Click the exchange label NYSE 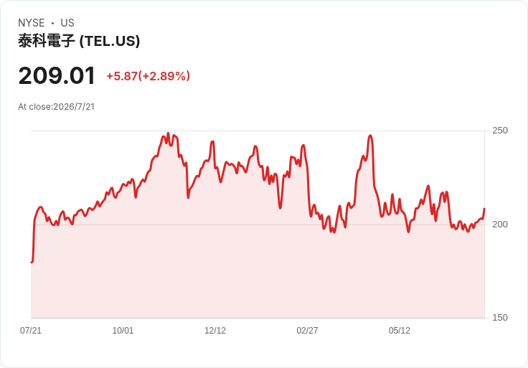pyautogui.click(x=32, y=23)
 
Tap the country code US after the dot pyautogui.click(x=67, y=23)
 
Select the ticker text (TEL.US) pyautogui.click(x=110, y=41)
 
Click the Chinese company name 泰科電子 pyautogui.click(x=47, y=41)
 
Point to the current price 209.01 pyautogui.click(x=57, y=76)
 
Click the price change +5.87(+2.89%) pyautogui.click(x=148, y=76)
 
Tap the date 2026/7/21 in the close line pyautogui.click(x=74, y=107)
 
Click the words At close pyautogui.click(x=34, y=107)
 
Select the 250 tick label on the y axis pyautogui.click(x=500, y=131)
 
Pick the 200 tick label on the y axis pyautogui.click(x=500, y=225)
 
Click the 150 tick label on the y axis pyautogui.click(x=500, y=318)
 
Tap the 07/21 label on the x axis pyautogui.click(x=31, y=331)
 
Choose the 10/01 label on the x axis pyautogui.click(x=123, y=331)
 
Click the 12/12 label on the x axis pyautogui.click(x=215, y=331)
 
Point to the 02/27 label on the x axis pyautogui.click(x=307, y=331)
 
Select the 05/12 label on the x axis pyautogui.click(x=400, y=331)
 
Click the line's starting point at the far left pyautogui.click(x=32, y=262)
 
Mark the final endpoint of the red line pyautogui.click(x=484, y=209)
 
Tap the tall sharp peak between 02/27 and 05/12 pyautogui.click(x=370, y=136)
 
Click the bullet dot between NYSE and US pyautogui.click(x=52, y=23)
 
